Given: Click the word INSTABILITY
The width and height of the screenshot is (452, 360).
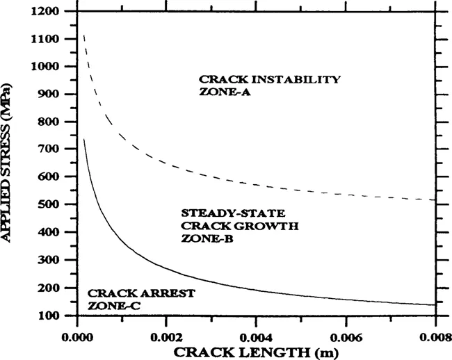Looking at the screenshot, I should [x=300, y=79].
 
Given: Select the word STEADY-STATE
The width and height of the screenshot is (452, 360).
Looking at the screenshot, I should [x=214, y=213].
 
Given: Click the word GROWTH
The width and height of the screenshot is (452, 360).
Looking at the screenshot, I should [x=243, y=225].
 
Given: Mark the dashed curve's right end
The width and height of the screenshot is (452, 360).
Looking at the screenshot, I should [x=435, y=200].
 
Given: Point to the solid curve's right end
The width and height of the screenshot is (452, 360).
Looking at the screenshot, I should [x=435, y=305].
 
